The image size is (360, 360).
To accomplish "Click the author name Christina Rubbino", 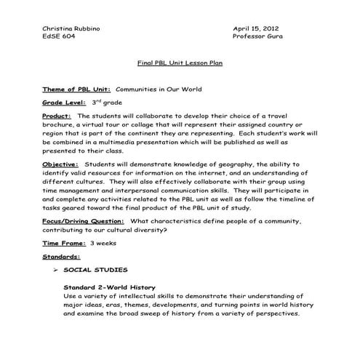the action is click(71, 27).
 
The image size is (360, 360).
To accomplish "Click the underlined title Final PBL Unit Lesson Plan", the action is click(180, 63).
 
